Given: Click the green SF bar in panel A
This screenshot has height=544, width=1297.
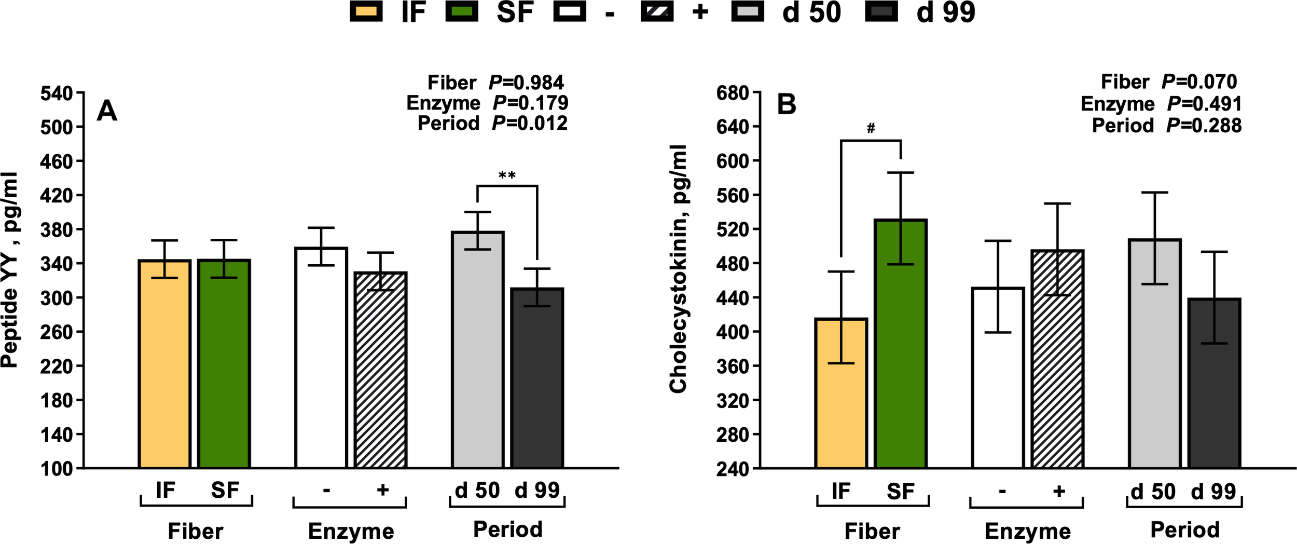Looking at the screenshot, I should click(x=224, y=363).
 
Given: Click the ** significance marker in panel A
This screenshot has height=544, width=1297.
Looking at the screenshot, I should click(x=507, y=175).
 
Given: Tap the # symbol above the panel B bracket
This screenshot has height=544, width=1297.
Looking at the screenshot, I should click(x=871, y=128).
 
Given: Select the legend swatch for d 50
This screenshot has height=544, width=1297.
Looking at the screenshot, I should click(x=748, y=11).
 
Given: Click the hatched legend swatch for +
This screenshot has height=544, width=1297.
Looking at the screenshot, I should click(x=657, y=11).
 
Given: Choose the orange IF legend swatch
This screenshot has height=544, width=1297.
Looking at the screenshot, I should click(x=366, y=11).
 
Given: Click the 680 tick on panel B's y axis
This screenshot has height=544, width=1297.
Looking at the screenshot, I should click(x=733, y=94).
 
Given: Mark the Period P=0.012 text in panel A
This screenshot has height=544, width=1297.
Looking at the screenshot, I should click(x=492, y=124).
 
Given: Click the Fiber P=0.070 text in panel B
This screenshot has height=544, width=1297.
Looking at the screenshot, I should click(x=1168, y=82).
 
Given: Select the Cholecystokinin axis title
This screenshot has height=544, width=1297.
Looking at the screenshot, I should click(x=678, y=269).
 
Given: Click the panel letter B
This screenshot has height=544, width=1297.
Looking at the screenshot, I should click(x=786, y=104).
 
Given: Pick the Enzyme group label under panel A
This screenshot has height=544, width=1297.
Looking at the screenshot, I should click(x=351, y=531).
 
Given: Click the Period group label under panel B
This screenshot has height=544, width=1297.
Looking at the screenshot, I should click(x=1185, y=530).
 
